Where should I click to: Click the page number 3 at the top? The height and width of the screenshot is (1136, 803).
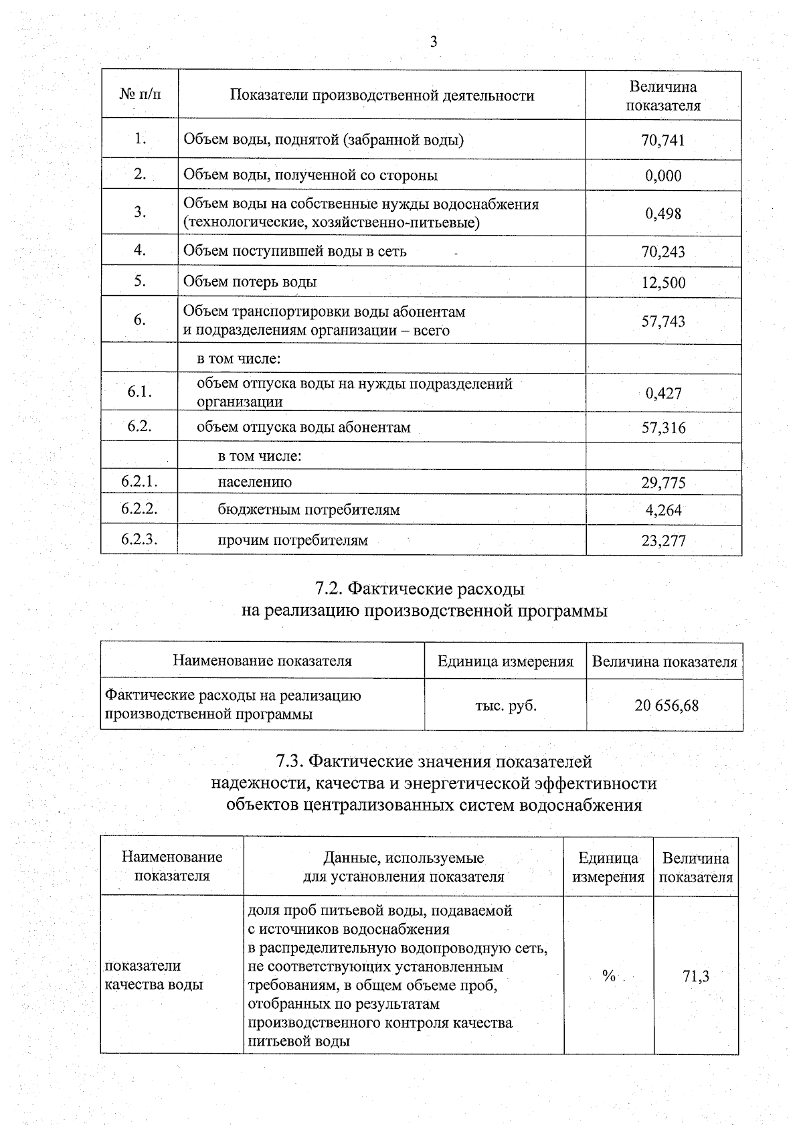433,42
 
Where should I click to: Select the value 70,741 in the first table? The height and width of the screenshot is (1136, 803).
663,141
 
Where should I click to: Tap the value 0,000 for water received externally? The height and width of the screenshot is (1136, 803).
663,176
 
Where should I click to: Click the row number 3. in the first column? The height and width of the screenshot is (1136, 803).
139,212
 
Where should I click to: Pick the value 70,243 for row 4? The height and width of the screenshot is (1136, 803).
663,252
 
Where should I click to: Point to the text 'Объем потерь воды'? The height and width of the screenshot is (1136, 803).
250,282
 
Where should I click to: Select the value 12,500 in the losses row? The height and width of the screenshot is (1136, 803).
663,282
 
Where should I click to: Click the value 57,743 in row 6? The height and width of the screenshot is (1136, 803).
663,321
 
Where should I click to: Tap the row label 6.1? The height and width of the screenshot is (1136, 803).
139,392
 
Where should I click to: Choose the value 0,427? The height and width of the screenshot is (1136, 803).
663,393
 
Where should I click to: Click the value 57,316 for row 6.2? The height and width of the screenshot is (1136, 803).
663,428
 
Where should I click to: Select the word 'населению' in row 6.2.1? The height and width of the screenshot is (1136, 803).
254,482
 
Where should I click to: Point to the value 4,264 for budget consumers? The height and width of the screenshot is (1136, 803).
663,510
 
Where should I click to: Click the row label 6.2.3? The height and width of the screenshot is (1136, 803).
139,540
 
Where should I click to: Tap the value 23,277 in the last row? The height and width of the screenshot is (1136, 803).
663,541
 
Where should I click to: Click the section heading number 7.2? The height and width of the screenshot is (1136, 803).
329,589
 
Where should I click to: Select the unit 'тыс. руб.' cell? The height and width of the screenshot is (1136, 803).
506,706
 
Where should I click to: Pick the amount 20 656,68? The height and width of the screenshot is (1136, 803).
666,706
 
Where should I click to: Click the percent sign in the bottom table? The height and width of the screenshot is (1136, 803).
608,976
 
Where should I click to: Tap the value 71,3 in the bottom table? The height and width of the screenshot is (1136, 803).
695,976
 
